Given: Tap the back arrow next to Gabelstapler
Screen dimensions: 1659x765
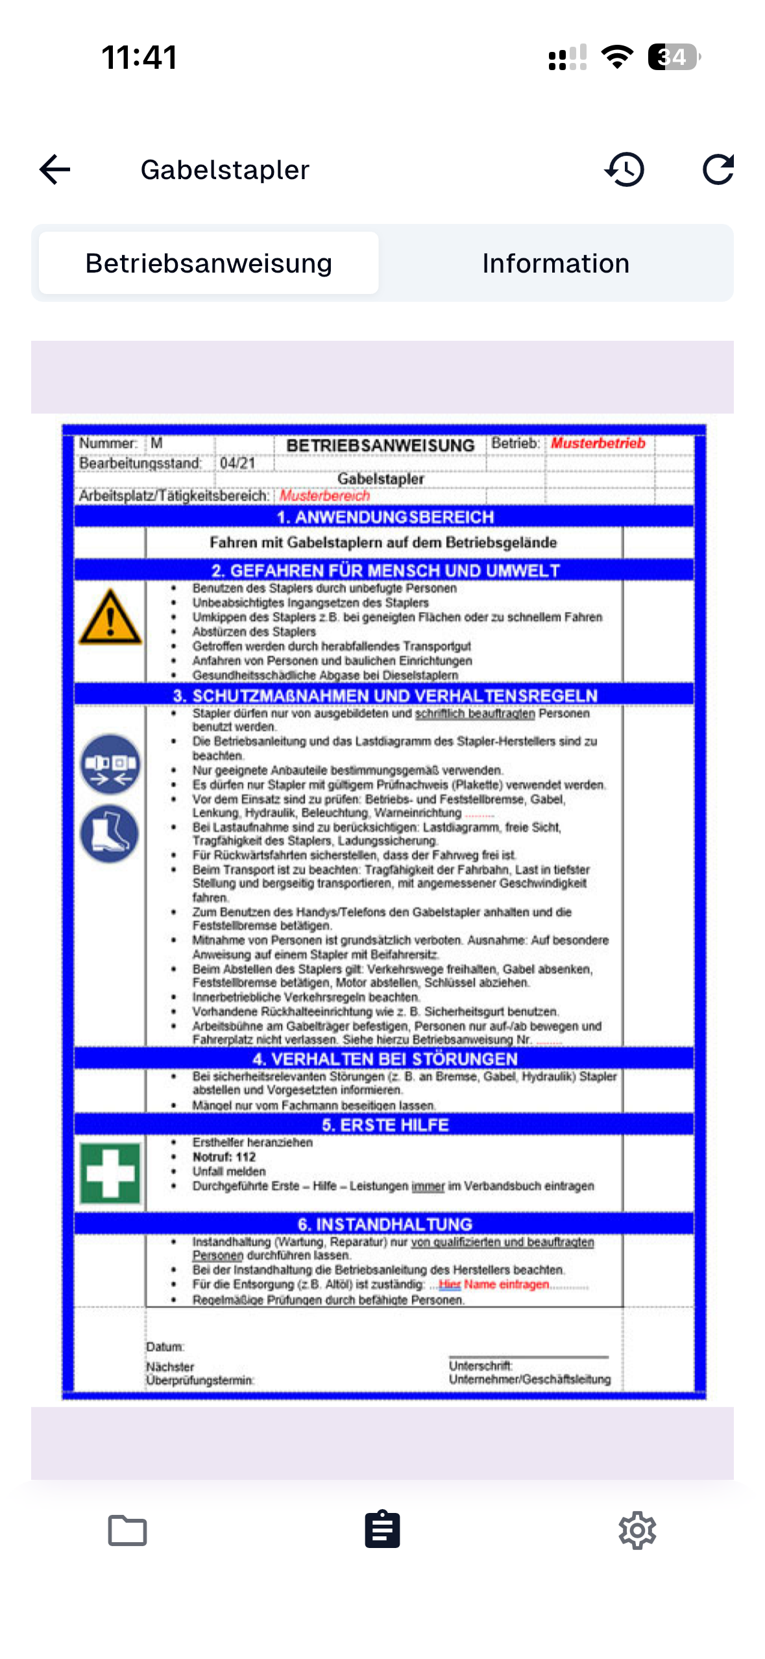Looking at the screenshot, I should pyautogui.click(x=55, y=170).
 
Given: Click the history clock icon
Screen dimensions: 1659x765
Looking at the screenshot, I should pyautogui.click(x=624, y=170).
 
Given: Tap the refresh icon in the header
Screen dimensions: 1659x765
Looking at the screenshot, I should pyautogui.click(x=718, y=170).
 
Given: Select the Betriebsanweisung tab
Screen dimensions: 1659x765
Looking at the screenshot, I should pyautogui.click(x=208, y=264).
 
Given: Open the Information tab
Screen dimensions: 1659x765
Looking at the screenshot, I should pyautogui.click(x=555, y=264).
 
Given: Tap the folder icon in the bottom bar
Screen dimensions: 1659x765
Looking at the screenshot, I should pyautogui.click(x=127, y=1530).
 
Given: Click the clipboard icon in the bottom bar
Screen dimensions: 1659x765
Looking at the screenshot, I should pyautogui.click(x=382, y=1530).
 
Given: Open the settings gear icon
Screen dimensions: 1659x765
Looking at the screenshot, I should pyautogui.click(x=637, y=1530).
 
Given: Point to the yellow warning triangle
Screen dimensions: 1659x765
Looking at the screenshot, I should pyautogui.click(x=110, y=619).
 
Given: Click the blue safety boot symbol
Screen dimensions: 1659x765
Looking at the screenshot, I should pyautogui.click(x=110, y=834).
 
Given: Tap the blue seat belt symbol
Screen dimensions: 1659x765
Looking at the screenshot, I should pyautogui.click(x=110, y=765).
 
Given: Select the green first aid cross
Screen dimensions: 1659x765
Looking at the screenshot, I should pyautogui.click(x=110, y=1174).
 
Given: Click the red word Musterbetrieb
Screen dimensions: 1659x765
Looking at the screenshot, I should pyautogui.click(x=598, y=443).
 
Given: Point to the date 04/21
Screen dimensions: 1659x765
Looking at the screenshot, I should pyautogui.click(x=237, y=463).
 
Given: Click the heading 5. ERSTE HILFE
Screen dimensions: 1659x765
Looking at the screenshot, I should pyautogui.click(x=385, y=1125).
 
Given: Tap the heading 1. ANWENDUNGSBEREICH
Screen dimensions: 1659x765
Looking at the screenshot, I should pyautogui.click(x=385, y=517).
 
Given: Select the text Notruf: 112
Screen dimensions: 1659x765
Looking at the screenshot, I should pyautogui.click(x=224, y=1157).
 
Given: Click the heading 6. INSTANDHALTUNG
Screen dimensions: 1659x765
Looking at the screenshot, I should pyautogui.click(x=385, y=1224).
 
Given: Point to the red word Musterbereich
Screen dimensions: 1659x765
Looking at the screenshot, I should pyautogui.click(x=324, y=496).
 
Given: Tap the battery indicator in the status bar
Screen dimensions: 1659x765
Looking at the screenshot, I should pyautogui.click(x=674, y=57).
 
